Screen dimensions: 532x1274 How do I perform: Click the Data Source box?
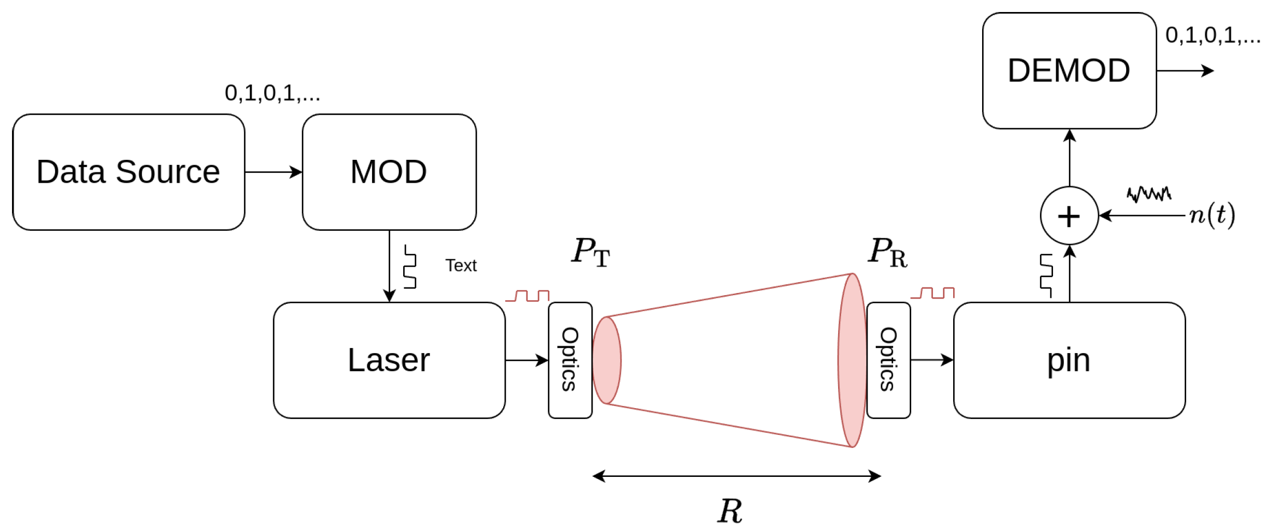128,172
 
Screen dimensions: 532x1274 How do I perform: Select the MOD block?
389,172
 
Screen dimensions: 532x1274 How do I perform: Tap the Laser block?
389,360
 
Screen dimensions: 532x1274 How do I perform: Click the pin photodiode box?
1069,360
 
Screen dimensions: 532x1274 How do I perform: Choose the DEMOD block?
1069,71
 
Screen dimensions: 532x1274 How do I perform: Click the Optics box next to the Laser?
570,360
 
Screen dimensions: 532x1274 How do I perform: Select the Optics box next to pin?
888,360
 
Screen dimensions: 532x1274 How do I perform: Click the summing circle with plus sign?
1069,216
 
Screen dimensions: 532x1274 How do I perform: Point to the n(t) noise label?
1212,214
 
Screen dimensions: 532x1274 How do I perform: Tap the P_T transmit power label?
590,252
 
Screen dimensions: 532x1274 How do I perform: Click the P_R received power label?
888,252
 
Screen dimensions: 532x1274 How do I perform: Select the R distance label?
730,511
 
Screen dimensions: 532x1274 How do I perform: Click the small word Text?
460,266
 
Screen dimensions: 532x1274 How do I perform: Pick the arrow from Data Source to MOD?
273,172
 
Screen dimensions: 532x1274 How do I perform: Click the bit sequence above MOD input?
272,93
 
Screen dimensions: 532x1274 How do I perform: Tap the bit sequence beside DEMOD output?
1212,35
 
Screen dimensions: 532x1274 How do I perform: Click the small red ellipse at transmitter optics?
606,360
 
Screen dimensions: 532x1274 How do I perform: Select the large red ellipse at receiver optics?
852,360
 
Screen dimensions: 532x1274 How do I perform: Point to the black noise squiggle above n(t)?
1149,194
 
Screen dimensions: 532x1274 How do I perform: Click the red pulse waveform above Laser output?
527,296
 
